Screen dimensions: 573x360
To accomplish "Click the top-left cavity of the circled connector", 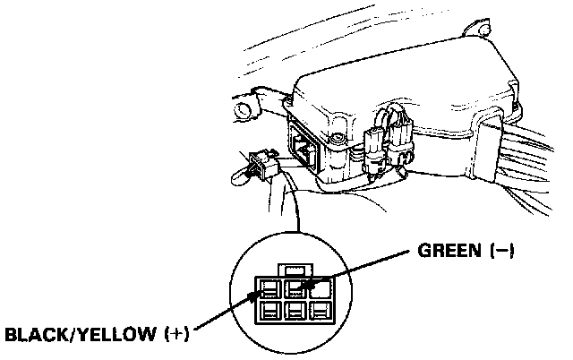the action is pyautogui.click(x=269, y=288).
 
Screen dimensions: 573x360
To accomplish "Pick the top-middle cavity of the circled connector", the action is pyautogui.click(x=292, y=288).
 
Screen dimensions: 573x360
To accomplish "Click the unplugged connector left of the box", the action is pyautogui.click(x=263, y=164).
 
